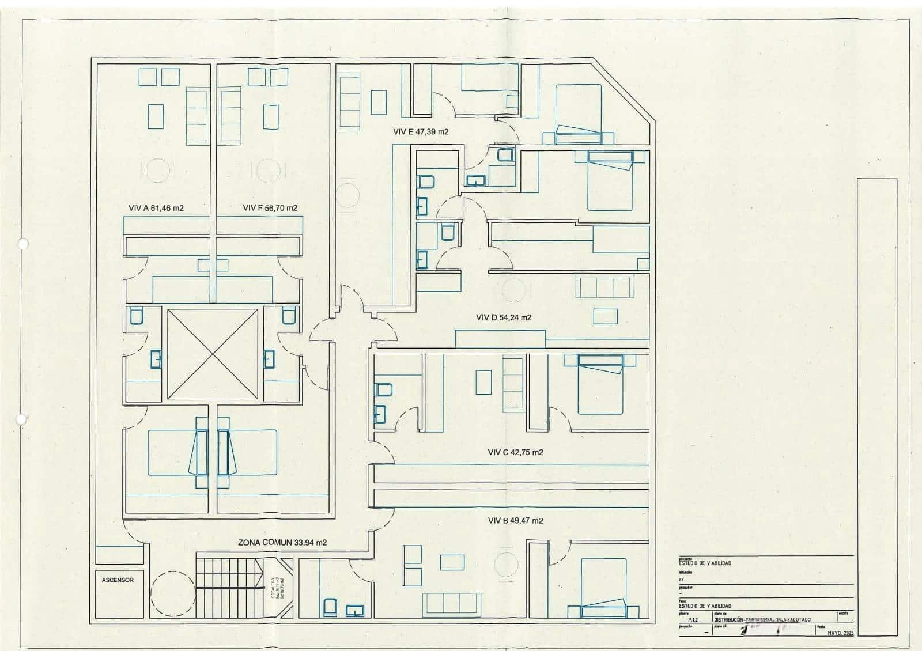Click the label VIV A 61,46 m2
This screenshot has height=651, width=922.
(x=156, y=208)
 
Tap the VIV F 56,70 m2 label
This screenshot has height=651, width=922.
(x=270, y=208)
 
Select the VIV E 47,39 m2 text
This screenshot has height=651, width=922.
(x=421, y=132)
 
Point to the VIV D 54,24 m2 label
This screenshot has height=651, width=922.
(x=504, y=317)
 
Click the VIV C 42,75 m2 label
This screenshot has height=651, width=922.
(x=515, y=452)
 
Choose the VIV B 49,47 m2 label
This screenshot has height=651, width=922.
(x=515, y=520)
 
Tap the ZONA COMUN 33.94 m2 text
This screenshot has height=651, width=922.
(x=282, y=543)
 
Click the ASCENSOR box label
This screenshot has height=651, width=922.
(x=118, y=580)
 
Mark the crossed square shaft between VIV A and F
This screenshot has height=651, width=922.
(x=213, y=354)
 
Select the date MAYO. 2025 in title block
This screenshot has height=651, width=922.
(x=840, y=633)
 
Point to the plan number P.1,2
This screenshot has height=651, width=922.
(x=692, y=620)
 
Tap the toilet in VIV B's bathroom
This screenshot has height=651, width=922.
(x=330, y=607)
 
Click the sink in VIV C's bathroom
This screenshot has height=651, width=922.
(x=380, y=414)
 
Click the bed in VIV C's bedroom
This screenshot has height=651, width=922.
(x=600, y=384)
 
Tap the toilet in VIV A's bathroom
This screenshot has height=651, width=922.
(x=136, y=316)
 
